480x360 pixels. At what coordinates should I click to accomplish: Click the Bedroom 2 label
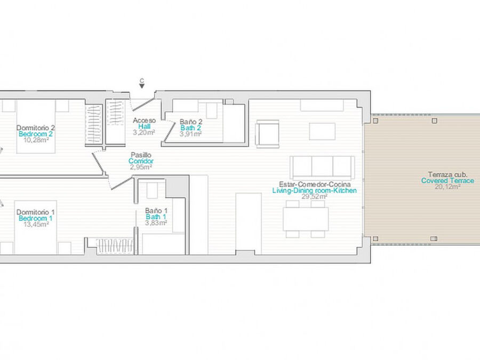[x=36, y=134]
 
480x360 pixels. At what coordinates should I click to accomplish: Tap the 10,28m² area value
[x=36, y=140]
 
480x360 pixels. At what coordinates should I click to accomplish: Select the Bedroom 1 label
[x=36, y=218]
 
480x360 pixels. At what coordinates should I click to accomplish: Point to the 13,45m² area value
[x=36, y=225]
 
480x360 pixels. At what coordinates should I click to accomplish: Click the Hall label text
[x=144, y=126]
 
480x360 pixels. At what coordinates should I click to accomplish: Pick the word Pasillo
[x=141, y=155]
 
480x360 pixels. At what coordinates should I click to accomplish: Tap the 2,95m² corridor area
[x=141, y=167]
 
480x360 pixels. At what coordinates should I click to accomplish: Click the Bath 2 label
[x=190, y=128]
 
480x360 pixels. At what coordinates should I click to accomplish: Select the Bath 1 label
[x=156, y=217]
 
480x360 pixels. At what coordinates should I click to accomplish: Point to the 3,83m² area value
[x=156, y=223]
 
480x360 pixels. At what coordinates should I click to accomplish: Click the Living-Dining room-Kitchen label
[x=314, y=190]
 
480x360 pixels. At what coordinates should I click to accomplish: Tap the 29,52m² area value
[x=314, y=196]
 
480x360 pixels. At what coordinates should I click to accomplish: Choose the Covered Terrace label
[x=447, y=181]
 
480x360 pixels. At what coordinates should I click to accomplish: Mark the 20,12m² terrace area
[x=447, y=187]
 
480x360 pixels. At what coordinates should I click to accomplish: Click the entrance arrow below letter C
[x=142, y=86]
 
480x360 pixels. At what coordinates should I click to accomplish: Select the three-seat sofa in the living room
[x=322, y=167]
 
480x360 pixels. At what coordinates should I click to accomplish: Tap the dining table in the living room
[x=306, y=219]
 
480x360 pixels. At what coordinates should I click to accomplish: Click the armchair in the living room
[x=267, y=134]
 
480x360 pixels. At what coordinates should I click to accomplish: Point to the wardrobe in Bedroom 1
[x=115, y=246]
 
